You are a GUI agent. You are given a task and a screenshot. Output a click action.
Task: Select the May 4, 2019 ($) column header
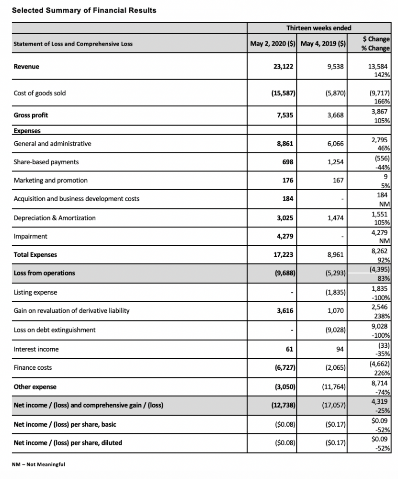pyautogui.click(x=323, y=44)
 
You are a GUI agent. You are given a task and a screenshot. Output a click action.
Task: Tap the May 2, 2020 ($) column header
pyautogui.click(x=273, y=44)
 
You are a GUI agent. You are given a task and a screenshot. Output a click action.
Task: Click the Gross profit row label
pyautogui.click(x=31, y=115)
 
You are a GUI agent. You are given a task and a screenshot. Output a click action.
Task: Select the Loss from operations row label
pyautogui.click(x=45, y=273)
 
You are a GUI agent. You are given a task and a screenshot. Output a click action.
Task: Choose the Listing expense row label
pyautogui.click(x=36, y=292)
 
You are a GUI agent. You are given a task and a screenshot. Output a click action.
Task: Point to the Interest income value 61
pyautogui.click(x=290, y=349)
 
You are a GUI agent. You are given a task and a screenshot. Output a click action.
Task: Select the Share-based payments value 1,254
pyautogui.click(x=335, y=162)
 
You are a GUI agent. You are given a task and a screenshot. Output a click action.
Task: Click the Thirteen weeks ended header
pyautogui.click(x=318, y=28)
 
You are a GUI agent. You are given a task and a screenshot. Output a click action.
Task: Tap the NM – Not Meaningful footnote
pyautogui.click(x=39, y=465)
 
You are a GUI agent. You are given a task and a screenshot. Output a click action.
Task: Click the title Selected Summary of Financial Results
pyautogui.click(x=84, y=10)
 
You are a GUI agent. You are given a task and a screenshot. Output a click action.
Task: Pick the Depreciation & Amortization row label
pyautogui.click(x=55, y=218)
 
